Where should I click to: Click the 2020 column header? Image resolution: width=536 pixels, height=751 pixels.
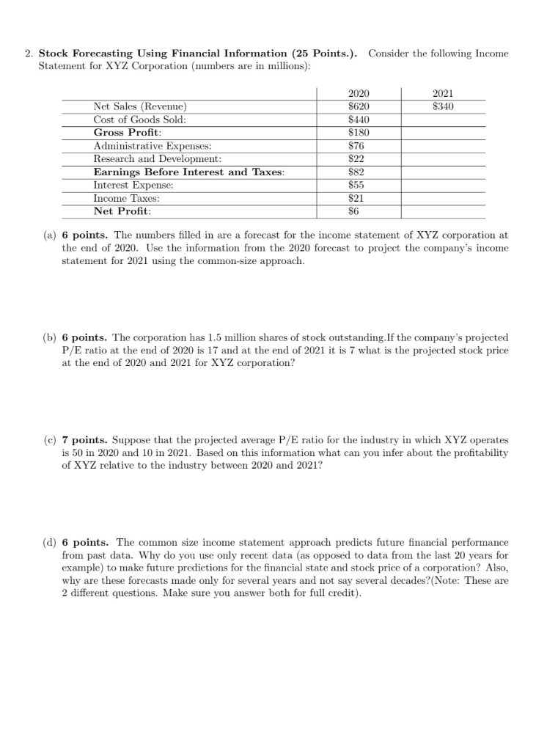(358, 93)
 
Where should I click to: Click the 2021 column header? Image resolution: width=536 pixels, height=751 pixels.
(443, 93)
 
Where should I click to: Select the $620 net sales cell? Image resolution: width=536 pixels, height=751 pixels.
(358, 106)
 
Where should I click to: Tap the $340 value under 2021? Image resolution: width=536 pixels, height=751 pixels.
(443, 106)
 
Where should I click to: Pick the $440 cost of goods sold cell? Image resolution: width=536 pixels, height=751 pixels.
(358, 120)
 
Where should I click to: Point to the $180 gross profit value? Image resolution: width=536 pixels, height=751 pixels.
(358, 133)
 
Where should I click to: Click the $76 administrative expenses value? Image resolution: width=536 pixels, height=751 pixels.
(358, 146)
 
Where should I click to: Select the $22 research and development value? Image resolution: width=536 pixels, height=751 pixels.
(358, 159)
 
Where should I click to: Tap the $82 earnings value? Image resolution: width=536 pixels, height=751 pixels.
(358, 172)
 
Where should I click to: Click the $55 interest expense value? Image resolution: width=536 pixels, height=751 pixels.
(358, 186)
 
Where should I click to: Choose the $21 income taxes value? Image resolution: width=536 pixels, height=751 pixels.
(358, 199)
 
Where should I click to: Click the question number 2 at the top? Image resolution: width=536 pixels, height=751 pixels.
(28, 54)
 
